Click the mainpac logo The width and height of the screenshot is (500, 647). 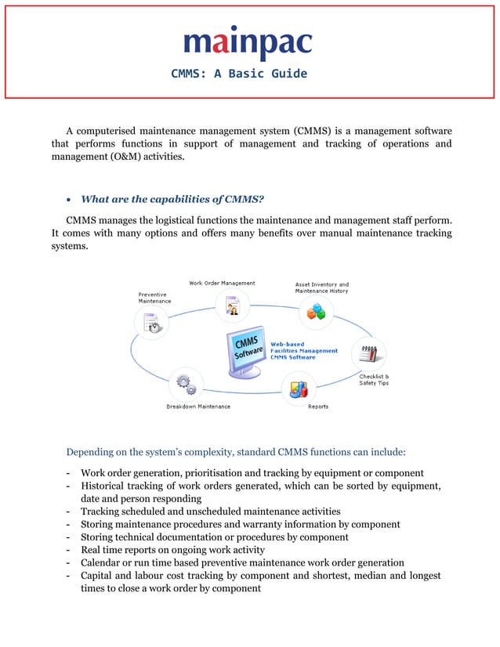tap(248, 44)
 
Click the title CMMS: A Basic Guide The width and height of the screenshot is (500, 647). tap(239, 74)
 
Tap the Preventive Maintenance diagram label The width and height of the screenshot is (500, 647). tap(154, 298)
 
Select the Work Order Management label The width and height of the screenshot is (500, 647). tap(222, 283)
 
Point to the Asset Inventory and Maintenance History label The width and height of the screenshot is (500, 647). tap(322, 287)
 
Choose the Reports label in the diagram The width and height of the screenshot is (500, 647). tap(318, 407)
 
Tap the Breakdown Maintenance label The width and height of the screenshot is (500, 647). tap(198, 407)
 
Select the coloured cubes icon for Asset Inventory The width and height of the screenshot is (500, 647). tap(316, 313)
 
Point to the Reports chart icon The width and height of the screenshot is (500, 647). tap(299, 387)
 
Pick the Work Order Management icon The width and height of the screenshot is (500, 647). tap(232, 304)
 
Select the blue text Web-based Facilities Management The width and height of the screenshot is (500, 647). tap(304, 347)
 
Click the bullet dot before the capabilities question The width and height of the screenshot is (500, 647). tap(71, 200)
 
